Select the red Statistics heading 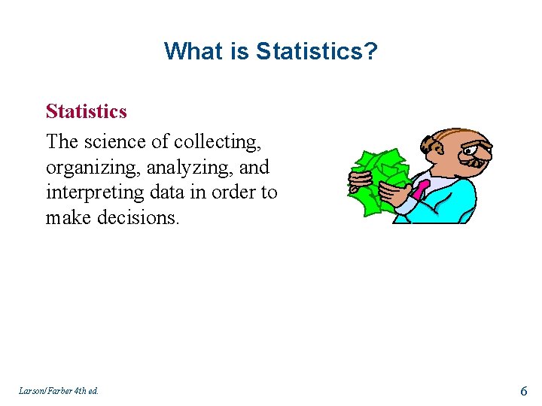click(x=86, y=111)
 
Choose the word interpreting click(x=95, y=192)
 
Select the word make click(x=66, y=218)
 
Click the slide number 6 click(x=524, y=389)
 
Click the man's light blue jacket click(x=452, y=203)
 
